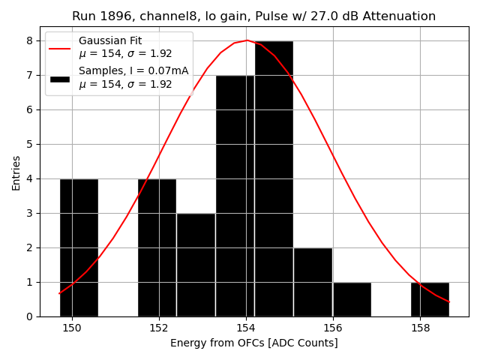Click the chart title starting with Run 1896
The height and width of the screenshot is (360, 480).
[253, 16]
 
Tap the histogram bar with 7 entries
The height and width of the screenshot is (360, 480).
[235, 196]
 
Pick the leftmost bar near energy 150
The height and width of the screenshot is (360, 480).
[79, 247]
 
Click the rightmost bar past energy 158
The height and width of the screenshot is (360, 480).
[430, 299]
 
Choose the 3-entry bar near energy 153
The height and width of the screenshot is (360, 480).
[196, 265]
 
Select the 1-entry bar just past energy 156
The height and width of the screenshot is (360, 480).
[352, 299]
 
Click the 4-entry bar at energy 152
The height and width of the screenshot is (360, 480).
[157, 247]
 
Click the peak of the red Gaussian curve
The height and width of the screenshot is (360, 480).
[246, 40]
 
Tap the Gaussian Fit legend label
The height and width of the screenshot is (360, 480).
[110, 40]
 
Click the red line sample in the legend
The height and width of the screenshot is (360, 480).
[60, 48]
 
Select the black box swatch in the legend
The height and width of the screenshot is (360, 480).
[60, 78]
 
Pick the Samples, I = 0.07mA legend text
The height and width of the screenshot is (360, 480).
[133, 71]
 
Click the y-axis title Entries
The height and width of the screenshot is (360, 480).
[16, 172]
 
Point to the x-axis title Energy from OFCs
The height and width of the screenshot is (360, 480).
[253, 343]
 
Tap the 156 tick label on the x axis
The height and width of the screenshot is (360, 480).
[333, 328]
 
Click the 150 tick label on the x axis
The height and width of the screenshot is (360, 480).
[72, 328]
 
